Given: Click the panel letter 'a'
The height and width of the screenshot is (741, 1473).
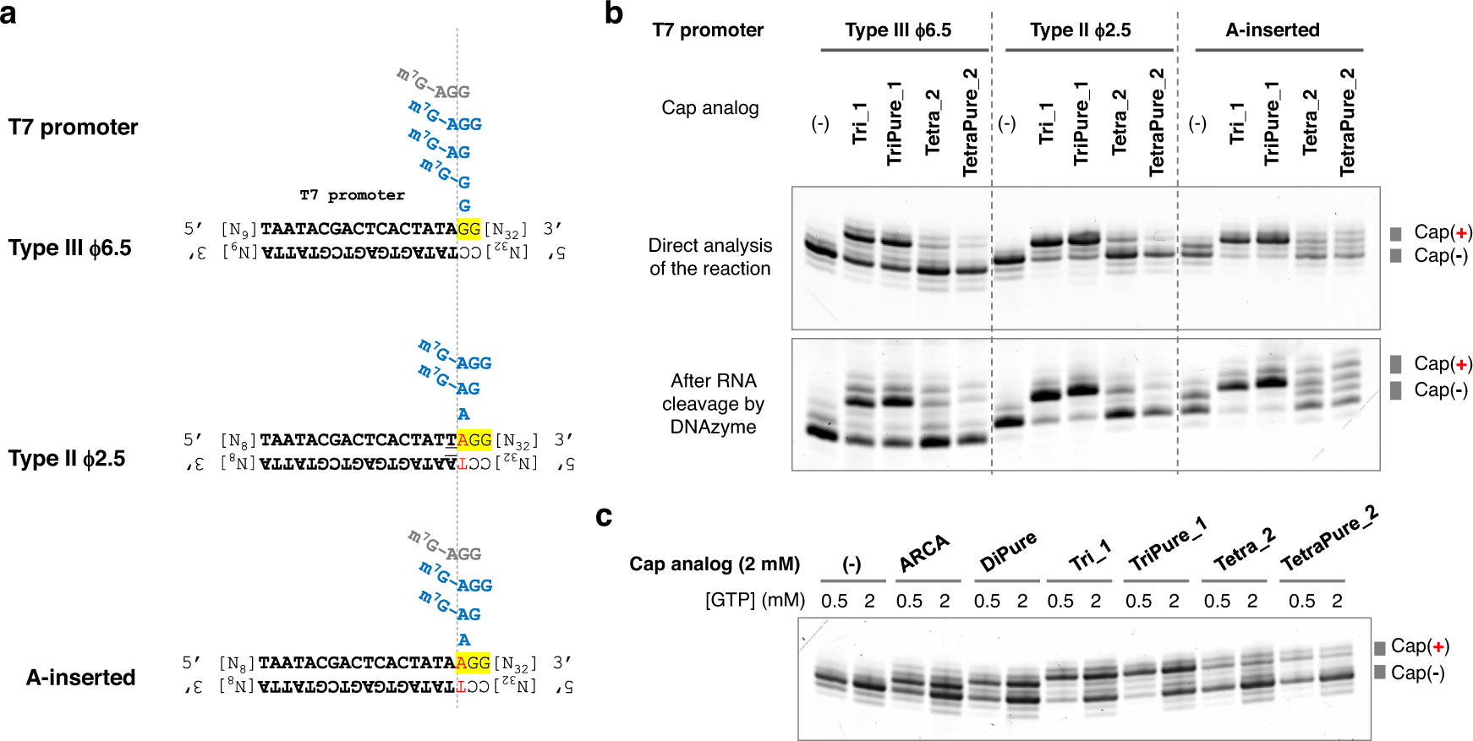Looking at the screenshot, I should coord(8,14).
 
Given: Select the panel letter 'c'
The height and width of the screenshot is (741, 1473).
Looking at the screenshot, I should coord(604,516).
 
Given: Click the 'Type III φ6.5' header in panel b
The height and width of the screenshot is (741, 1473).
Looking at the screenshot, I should coord(898,30).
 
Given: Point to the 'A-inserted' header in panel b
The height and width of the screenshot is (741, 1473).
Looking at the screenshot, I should coord(1273,30).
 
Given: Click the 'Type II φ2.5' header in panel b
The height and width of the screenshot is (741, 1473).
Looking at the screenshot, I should coord(1081,30).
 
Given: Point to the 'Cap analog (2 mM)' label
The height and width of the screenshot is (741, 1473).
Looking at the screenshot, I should coord(715,564).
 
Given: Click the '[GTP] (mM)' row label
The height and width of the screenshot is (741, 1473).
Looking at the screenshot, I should coord(755,600).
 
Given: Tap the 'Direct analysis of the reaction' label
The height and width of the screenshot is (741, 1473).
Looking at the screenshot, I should coord(710,257).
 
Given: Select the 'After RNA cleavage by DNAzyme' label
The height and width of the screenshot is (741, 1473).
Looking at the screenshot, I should coord(713,404).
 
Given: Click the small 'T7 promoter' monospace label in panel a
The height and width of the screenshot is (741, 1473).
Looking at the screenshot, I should coord(352,195).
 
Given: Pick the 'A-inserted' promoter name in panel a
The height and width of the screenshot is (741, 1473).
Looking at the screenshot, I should coord(80,678).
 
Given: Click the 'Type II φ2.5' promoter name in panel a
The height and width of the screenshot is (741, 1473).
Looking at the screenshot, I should coord(67,459).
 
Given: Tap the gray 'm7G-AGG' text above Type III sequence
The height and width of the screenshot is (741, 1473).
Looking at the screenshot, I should coord(433,84).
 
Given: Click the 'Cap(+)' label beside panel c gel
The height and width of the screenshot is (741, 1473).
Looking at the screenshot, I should coord(1420,646).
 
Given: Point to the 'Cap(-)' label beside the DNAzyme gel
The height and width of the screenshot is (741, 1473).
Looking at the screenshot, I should coord(1441,390).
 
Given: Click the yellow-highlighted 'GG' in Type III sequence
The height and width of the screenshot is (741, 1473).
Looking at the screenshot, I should coord(468,229).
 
